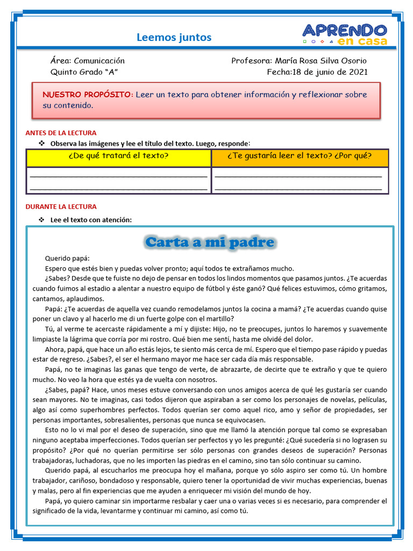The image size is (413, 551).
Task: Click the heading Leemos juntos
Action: tap(174, 37)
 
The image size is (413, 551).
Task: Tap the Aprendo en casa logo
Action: tap(344, 34)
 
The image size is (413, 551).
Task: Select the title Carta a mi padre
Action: tap(210, 242)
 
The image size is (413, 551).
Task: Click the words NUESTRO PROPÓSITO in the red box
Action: tap(88, 95)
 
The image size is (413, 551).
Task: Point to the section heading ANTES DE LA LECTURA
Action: tap(61, 133)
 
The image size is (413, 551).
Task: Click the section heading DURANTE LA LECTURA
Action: tap(61, 207)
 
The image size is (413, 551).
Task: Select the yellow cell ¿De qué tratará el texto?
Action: tap(119, 156)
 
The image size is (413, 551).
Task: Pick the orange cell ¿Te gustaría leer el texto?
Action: tap(300, 156)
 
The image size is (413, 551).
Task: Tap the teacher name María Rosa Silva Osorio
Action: tap(321, 61)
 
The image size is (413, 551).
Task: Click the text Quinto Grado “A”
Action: tap(84, 72)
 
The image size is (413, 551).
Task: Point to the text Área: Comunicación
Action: tap(88, 61)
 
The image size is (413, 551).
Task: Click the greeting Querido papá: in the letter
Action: tap(67, 258)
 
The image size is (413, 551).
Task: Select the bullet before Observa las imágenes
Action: tap(41, 143)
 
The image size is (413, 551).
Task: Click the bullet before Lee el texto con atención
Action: tap(41, 220)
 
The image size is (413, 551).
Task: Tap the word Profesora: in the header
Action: tap(252, 61)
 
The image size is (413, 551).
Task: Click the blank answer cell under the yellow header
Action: tap(119, 180)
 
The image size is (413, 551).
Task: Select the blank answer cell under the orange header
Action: tap(300, 180)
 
